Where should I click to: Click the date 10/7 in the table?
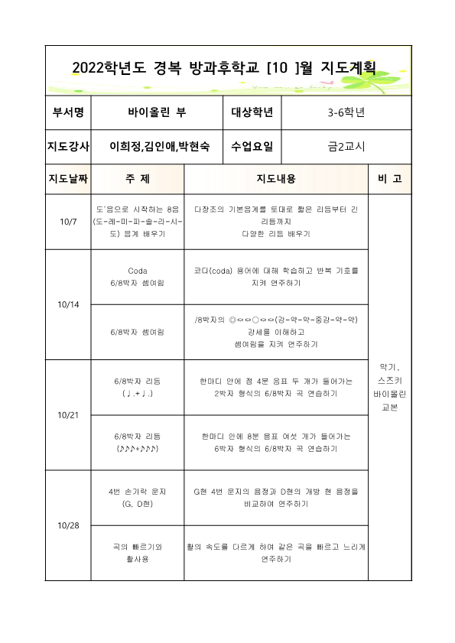(67, 222)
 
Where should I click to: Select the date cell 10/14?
(67, 304)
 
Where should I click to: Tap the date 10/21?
(67, 414)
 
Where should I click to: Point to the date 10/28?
(67, 526)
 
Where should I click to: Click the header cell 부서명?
(68, 113)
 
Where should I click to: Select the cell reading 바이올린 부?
(157, 113)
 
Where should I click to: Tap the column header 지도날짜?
(68, 179)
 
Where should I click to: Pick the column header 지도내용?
(275, 179)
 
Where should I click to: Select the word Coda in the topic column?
(138, 271)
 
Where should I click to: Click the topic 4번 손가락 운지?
(138, 491)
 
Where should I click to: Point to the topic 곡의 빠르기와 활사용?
(138, 553)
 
